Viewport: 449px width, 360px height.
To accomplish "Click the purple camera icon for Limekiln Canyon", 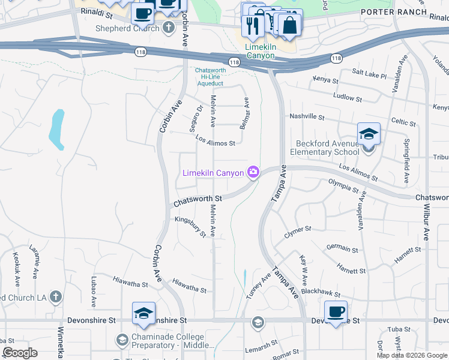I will pos(253,173).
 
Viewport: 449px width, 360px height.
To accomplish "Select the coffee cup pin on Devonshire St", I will pos(336,311).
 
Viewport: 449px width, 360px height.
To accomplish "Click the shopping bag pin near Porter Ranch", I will pos(290,25).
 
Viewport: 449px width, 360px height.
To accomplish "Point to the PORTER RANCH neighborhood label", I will pos(394,12).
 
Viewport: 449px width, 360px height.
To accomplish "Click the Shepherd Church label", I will pos(125,28).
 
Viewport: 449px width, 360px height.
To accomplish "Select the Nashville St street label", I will pos(307,117).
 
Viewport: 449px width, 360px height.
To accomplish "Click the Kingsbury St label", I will pos(190,227).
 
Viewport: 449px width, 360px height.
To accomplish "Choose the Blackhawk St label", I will pos(321,292).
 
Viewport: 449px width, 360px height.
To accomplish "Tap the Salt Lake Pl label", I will pos(369,74).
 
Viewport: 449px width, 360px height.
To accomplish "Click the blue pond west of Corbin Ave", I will pos(57,129).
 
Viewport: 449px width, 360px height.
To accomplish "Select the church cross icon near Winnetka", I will pos(55,296).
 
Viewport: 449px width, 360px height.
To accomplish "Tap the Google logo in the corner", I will pos(20,353).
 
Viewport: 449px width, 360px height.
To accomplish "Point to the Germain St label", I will pos(342,248).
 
